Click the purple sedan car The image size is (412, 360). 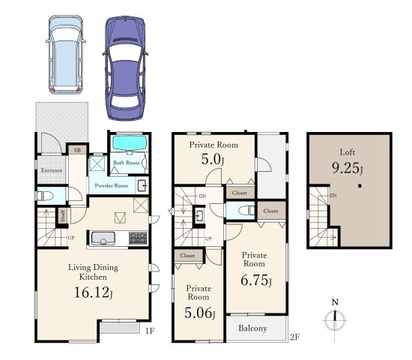(125, 68)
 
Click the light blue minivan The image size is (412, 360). (66, 55)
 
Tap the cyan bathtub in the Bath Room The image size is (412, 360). (130, 143)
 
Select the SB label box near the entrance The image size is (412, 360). (77, 150)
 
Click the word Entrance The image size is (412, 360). (52, 170)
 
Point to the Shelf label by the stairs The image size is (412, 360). (63, 216)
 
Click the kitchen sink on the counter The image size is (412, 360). (103, 238)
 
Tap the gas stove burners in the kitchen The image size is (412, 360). (138, 238)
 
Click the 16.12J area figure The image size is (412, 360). (94, 292)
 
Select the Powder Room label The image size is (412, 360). (112, 185)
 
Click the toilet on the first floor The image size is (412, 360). (45, 196)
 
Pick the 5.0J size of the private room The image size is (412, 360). (213, 160)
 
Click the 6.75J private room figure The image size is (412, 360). (256, 280)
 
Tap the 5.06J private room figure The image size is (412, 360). (200, 313)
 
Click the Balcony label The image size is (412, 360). (252, 328)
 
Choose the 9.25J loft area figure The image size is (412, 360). (348, 168)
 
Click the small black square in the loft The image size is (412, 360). (360, 186)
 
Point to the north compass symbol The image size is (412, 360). (335, 320)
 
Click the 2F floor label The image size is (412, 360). (295, 337)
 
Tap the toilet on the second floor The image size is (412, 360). (246, 211)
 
